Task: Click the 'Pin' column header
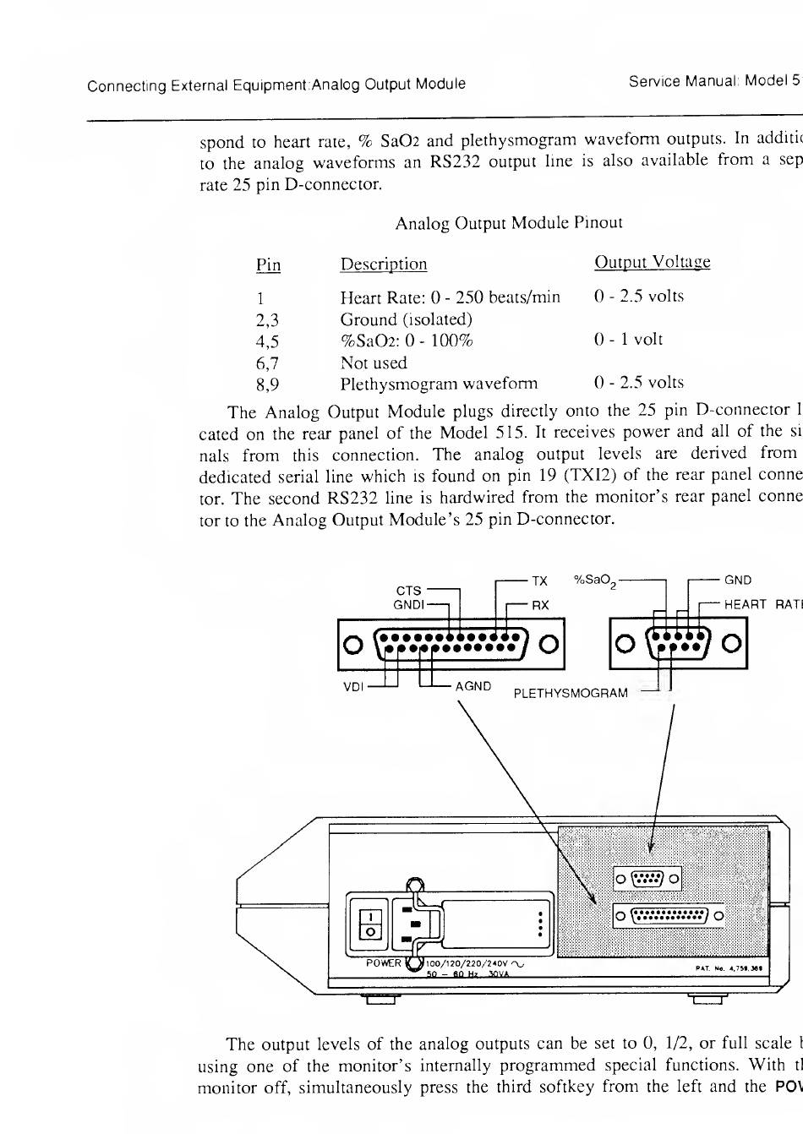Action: pyautogui.click(x=268, y=264)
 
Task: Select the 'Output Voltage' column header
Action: pyautogui.click(x=652, y=262)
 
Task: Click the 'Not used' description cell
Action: pyautogui.click(x=373, y=363)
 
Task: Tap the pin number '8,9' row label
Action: pyautogui.click(x=267, y=384)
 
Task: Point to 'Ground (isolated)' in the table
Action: pyautogui.click(x=406, y=319)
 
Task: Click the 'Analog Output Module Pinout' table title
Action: pyautogui.click(x=508, y=223)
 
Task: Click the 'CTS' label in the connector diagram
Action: pyautogui.click(x=408, y=591)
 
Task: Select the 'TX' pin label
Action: pyautogui.click(x=539, y=581)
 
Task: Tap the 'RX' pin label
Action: pyautogui.click(x=540, y=605)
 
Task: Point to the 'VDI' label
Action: pyautogui.click(x=353, y=686)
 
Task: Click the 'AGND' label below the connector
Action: pyautogui.click(x=473, y=686)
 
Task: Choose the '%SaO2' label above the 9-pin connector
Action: pyautogui.click(x=594, y=581)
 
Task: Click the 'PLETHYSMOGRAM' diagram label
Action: pyautogui.click(x=571, y=694)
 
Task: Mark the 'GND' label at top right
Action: pyautogui.click(x=738, y=581)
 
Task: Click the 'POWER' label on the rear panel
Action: pyautogui.click(x=383, y=962)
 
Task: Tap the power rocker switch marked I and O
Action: pyautogui.click(x=370, y=924)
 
